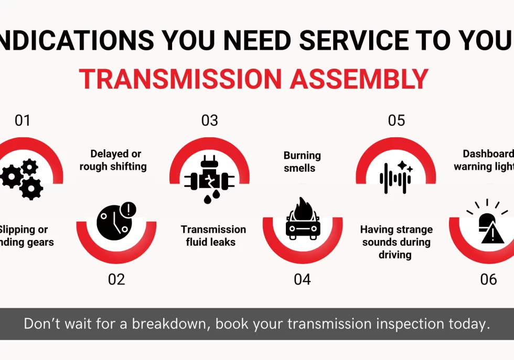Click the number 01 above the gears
click(23, 121)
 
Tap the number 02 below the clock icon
click(116, 279)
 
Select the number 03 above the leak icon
click(209, 121)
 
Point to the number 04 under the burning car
click(302, 279)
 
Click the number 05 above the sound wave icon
click(396, 121)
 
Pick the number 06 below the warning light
click(488, 279)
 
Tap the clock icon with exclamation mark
click(116, 221)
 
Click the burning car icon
click(303, 220)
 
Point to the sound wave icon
click(396, 177)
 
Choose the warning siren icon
click(488, 222)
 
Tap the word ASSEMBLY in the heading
click(359, 79)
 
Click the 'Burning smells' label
click(302, 162)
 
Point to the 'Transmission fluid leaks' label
click(213, 236)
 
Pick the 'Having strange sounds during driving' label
click(396, 242)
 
